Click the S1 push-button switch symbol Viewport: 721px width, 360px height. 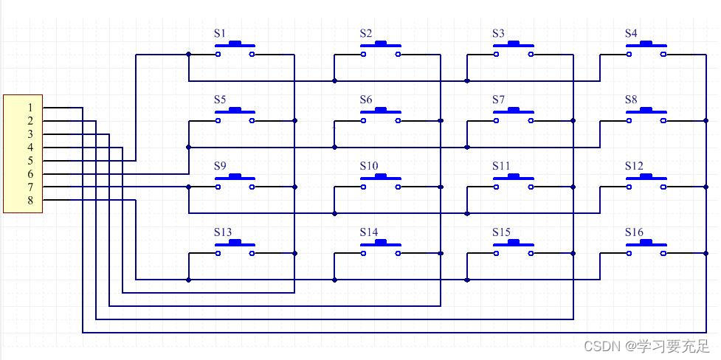point(235,49)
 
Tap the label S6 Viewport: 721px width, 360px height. point(366,100)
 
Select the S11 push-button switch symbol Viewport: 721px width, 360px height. point(513,182)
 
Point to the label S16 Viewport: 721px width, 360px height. point(634,232)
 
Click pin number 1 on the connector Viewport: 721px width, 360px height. point(30,108)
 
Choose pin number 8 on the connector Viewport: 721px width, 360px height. point(30,201)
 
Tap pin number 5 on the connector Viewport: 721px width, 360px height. point(30,161)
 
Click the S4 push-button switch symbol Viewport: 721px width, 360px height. point(646,49)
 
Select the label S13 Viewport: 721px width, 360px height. point(223,232)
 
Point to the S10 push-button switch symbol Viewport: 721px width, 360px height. point(381,182)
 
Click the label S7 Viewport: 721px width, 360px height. point(498,100)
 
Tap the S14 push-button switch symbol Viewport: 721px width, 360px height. point(381,249)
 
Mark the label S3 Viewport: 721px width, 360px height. point(498,33)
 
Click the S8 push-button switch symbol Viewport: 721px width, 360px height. point(646,116)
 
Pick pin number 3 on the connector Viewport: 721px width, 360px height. point(30,134)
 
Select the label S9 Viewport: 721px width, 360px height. point(220,166)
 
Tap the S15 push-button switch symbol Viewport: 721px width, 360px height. point(513,249)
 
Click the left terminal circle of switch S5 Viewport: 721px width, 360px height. point(218,120)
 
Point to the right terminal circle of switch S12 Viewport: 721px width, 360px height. point(663,187)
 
